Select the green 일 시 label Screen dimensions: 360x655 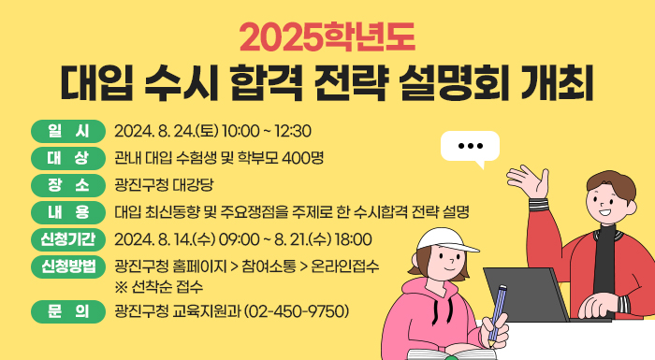[x=68, y=130]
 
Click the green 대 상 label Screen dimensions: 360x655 [x=68, y=156]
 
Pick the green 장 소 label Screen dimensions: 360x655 [x=68, y=182]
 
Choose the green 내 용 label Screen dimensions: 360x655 [x=68, y=209]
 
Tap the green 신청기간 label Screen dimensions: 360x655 [x=68, y=238]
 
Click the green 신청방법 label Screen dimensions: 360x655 [x=68, y=266]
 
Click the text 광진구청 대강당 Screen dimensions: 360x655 [x=164, y=183]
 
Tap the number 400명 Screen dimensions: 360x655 [x=301, y=156]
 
